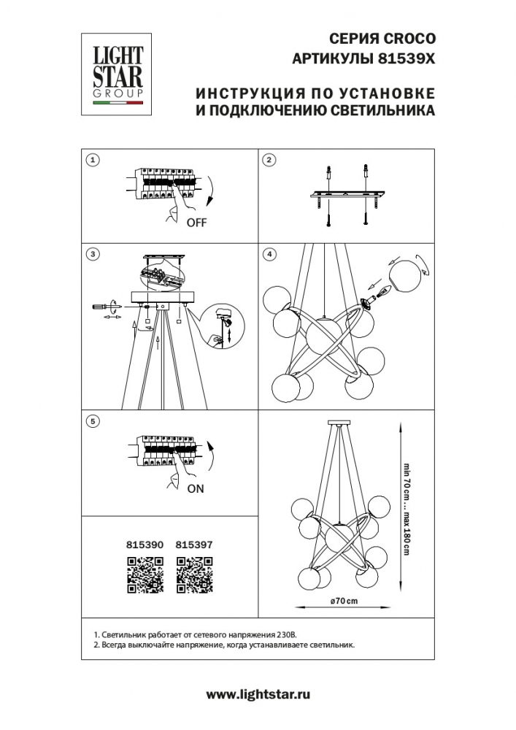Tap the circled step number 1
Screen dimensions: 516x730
point(93,160)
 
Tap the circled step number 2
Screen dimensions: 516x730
point(269,160)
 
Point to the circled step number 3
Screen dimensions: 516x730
point(93,254)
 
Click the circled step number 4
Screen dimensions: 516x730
point(269,254)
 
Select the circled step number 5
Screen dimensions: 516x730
point(93,421)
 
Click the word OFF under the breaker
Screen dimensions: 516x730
point(196,223)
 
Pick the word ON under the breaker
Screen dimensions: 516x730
point(196,489)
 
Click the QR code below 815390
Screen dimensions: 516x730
point(145,575)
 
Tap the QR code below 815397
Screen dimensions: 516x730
point(194,575)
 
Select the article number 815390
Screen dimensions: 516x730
point(145,545)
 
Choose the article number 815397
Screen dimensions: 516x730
point(194,545)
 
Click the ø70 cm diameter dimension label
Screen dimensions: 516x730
point(344,601)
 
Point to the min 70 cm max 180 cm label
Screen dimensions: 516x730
point(407,509)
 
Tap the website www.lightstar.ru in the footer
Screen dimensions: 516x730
point(258,695)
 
